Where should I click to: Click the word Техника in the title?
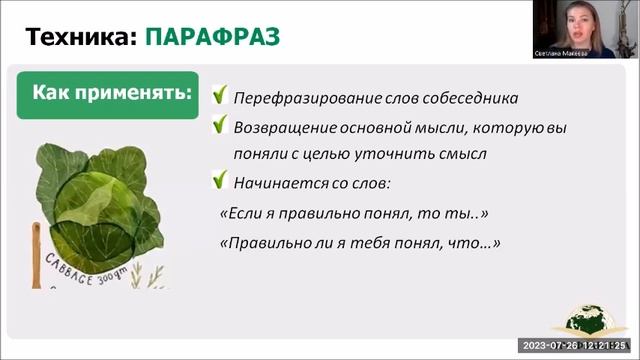pyautogui.click(x=80, y=38)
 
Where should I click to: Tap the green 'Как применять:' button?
pyautogui.click(x=111, y=95)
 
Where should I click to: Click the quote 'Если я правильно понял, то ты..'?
pyautogui.click(x=352, y=214)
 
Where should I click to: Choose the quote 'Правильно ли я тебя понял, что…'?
pyautogui.click(x=359, y=243)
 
